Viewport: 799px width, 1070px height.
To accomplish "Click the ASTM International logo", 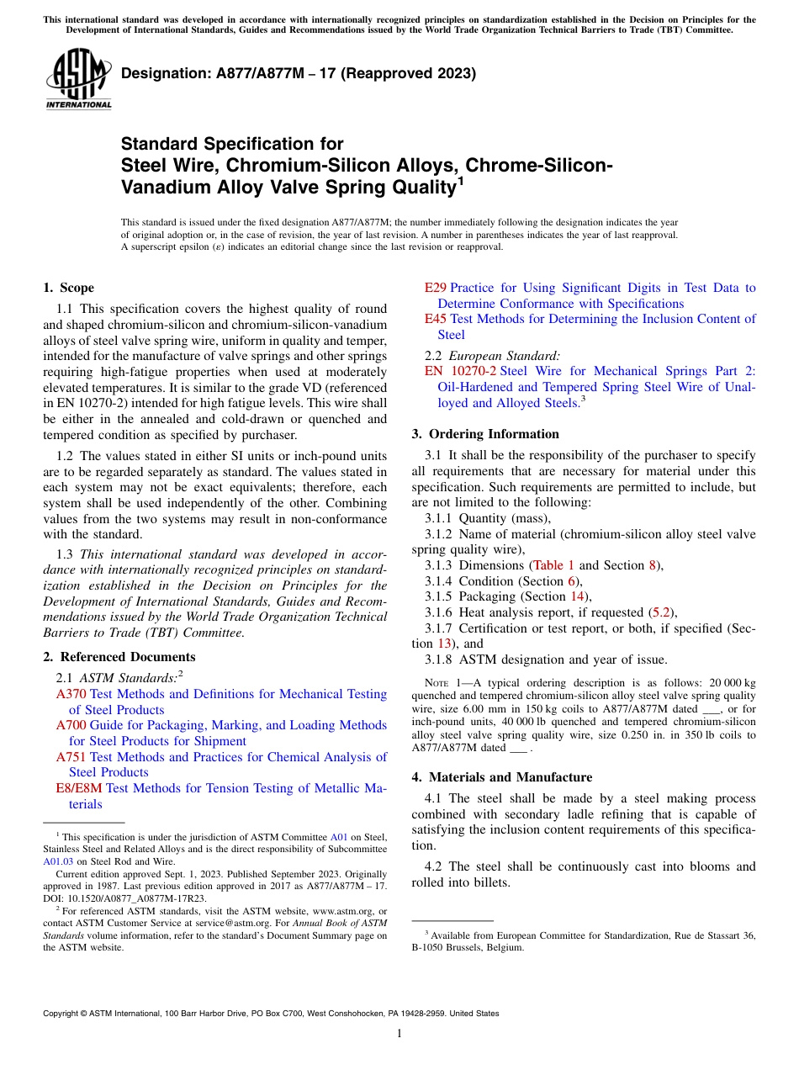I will (x=77, y=79).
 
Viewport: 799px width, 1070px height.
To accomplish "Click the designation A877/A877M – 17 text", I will (x=299, y=73).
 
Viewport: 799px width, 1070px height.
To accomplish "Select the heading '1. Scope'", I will (x=68, y=288).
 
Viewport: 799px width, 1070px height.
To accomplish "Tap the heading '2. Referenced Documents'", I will (x=119, y=657).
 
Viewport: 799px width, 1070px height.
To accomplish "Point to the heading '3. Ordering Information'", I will (x=484, y=434).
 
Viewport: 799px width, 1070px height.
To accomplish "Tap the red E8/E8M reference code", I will (x=79, y=788).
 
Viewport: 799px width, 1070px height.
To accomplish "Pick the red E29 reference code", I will (x=435, y=288).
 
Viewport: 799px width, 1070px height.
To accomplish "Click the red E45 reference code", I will (x=435, y=319).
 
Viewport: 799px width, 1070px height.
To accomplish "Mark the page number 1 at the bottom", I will (x=399, y=1034).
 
